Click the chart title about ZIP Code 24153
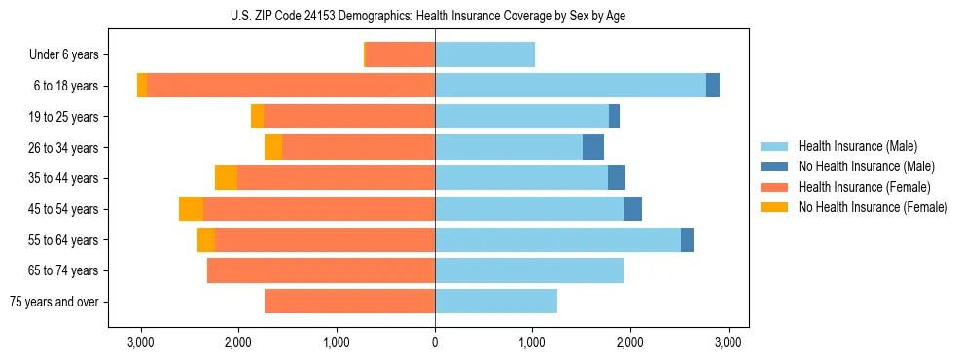coord(434,15)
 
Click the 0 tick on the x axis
coord(435,342)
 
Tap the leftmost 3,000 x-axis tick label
coord(141,342)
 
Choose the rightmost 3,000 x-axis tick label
coord(729,342)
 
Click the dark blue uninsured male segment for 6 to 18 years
coord(713,86)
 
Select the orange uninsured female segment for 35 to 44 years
coord(227,178)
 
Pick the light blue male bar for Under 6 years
coord(484,55)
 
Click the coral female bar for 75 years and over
coord(349,302)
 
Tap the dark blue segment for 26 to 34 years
coord(593,147)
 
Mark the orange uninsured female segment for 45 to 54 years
coord(192,209)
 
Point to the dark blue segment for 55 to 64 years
coord(687,239)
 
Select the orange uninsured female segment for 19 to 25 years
coord(257,117)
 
